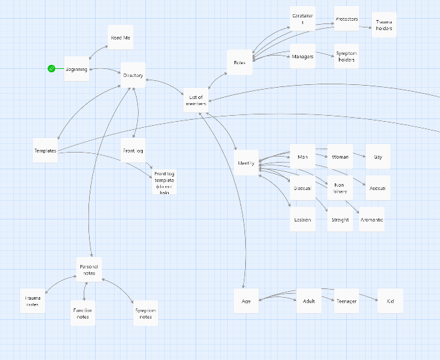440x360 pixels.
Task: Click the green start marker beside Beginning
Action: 51,68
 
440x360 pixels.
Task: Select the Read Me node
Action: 121,38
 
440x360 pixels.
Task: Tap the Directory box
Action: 133,76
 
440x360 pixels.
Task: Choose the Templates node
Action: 46,151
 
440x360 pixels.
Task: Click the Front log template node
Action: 164,181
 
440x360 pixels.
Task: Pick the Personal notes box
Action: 89,269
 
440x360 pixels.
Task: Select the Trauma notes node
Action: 33,300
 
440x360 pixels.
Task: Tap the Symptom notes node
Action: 145,312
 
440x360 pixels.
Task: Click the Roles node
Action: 240,62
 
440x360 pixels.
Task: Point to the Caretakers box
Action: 303,19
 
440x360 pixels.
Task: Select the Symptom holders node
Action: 346,56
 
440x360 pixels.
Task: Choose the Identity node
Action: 246,163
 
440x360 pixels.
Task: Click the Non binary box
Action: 340,188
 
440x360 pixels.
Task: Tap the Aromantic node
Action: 372,219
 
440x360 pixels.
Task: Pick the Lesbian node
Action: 303,219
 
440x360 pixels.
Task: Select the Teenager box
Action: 346,301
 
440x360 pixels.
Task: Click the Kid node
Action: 390,301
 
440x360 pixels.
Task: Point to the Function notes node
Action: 83,313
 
